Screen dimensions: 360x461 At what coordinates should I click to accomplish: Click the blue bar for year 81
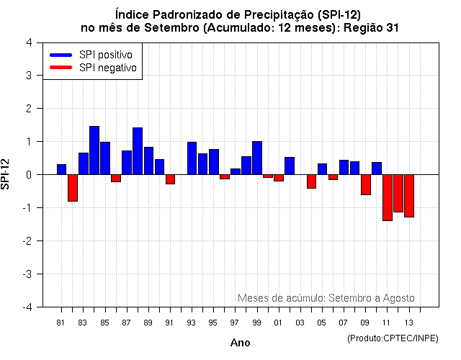(62, 169)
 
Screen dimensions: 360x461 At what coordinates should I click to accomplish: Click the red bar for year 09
(366, 184)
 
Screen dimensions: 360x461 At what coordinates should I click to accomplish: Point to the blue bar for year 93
(192, 158)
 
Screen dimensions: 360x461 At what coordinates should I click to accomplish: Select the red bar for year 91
(170, 179)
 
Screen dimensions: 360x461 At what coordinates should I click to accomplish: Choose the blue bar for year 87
(127, 162)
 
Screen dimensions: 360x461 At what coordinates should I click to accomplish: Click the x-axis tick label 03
(300, 323)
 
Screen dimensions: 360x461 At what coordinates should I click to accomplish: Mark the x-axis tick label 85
(104, 323)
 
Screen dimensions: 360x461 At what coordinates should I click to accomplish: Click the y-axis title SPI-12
(6, 174)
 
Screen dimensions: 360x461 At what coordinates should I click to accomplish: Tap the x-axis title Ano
(240, 343)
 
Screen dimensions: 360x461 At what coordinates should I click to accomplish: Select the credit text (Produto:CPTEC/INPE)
(392, 338)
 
